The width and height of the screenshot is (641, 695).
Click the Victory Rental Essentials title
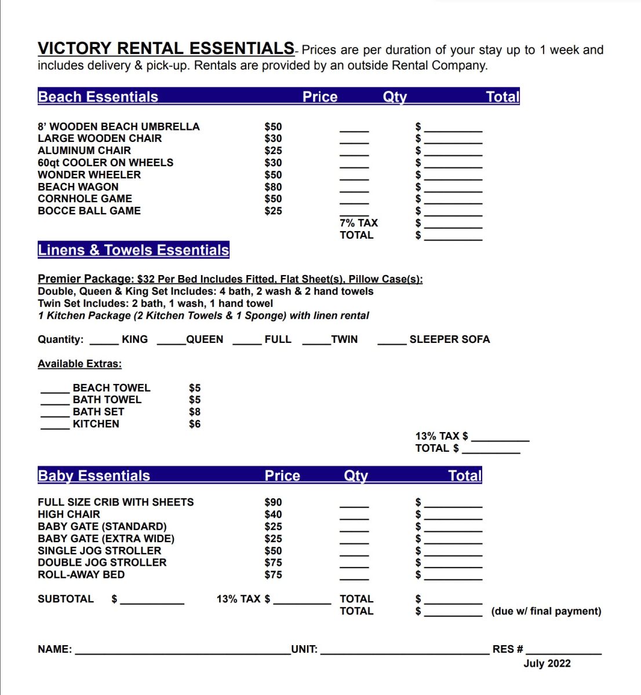166,48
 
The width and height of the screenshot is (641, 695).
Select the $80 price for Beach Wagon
273,186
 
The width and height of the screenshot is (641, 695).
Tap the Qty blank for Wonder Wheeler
354,178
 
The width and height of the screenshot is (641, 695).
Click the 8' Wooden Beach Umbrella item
118,126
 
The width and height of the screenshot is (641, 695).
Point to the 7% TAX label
358,223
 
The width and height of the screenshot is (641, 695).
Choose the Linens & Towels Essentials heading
133,250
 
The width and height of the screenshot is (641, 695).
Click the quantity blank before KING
104,343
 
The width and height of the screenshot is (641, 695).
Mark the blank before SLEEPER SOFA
392,343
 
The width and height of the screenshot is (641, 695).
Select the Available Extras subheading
79,364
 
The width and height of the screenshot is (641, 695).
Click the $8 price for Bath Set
195,412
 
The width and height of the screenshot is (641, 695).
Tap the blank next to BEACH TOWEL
55,392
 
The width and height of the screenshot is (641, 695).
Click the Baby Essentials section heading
94,475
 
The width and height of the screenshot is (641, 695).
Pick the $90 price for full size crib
273,502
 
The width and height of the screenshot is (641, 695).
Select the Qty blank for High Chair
354,518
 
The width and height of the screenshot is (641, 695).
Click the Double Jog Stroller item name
102,562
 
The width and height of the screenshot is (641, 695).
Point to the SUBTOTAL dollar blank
152,603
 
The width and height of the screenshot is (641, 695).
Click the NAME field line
183,653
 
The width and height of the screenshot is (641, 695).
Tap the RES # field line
563,653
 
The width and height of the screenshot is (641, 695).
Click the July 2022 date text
547,664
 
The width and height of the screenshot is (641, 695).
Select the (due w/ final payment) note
546,611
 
